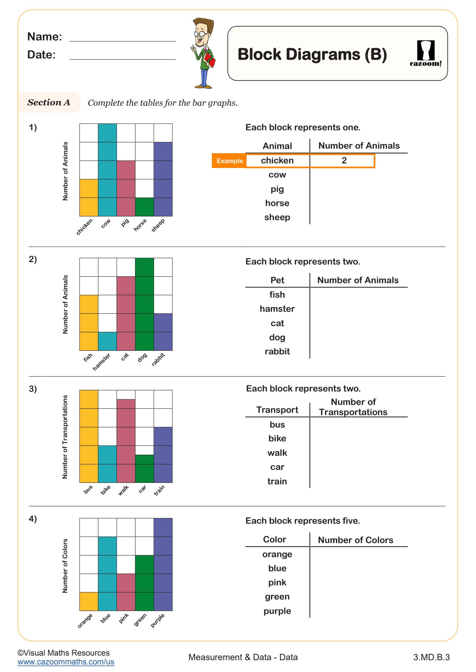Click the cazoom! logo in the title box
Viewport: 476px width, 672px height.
(425, 53)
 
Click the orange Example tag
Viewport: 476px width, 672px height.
(229, 161)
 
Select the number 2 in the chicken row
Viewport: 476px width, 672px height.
(344, 160)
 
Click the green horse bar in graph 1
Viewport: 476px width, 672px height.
(144, 207)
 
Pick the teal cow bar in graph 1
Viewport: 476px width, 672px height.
(107, 170)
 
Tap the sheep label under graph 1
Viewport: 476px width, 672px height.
(158, 225)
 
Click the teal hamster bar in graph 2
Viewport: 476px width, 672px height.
(107, 341)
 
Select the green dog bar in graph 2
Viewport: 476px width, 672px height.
(144, 304)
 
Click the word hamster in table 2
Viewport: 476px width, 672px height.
(277, 309)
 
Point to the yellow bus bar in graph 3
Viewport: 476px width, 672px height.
(89, 436)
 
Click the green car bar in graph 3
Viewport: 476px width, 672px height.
(144, 468)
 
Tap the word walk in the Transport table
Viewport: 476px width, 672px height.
(277, 453)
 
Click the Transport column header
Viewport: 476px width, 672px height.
(277, 410)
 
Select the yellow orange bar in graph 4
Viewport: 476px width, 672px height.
(89, 601)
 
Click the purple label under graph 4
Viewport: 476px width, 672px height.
(157, 620)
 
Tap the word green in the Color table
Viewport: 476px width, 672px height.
(277, 597)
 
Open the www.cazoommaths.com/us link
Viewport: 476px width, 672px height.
(66, 662)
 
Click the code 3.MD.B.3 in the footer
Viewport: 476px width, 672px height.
(431, 657)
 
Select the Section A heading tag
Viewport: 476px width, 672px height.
(49, 102)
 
